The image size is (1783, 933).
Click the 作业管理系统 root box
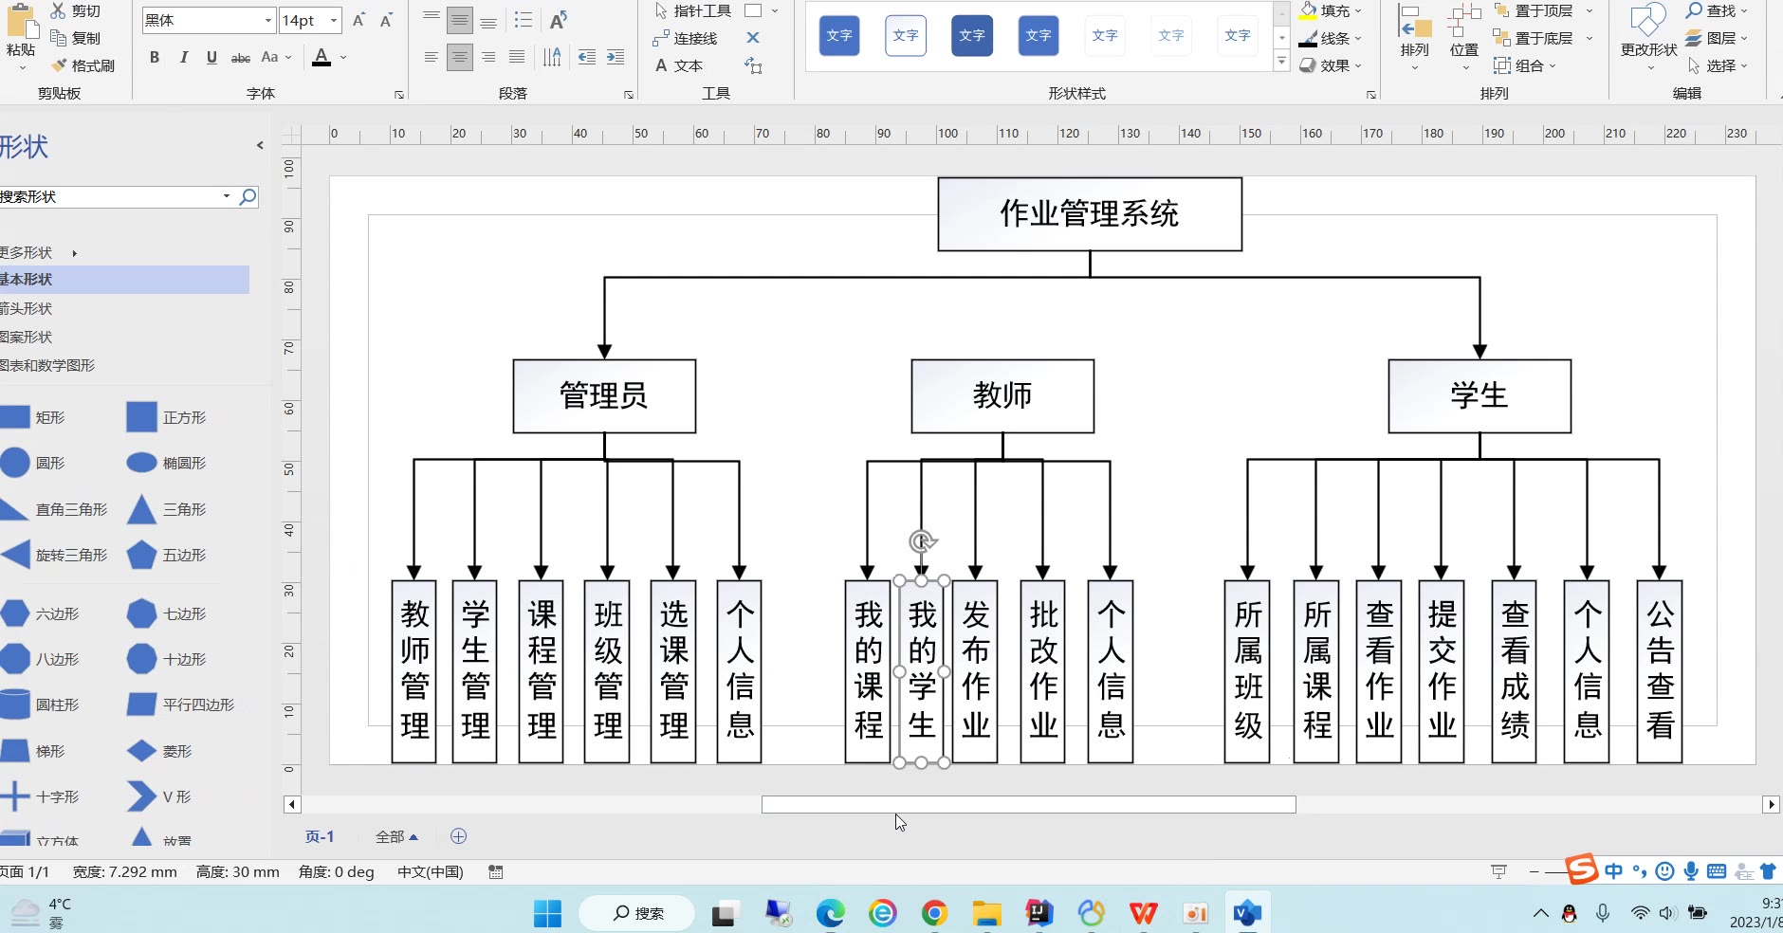click(x=1089, y=214)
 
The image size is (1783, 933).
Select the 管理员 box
click(x=604, y=395)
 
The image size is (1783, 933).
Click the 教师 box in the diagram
click(x=1002, y=395)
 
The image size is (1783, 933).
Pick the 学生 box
click(x=1479, y=395)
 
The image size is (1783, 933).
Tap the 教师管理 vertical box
click(x=414, y=670)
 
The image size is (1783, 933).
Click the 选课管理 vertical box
click(x=673, y=670)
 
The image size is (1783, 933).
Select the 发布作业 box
click(x=975, y=670)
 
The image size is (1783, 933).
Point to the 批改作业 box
click(x=1043, y=670)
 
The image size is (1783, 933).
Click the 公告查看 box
click(x=1660, y=670)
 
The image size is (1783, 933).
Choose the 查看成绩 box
click(x=1515, y=670)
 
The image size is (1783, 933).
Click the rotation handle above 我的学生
click(x=922, y=541)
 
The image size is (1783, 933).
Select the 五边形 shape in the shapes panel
click(x=142, y=556)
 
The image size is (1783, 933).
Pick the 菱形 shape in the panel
click(x=142, y=751)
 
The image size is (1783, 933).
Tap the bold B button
click(x=155, y=58)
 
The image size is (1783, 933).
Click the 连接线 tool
click(x=686, y=38)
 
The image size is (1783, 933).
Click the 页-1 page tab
click(x=320, y=836)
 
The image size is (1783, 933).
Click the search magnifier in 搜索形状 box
click(x=248, y=196)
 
